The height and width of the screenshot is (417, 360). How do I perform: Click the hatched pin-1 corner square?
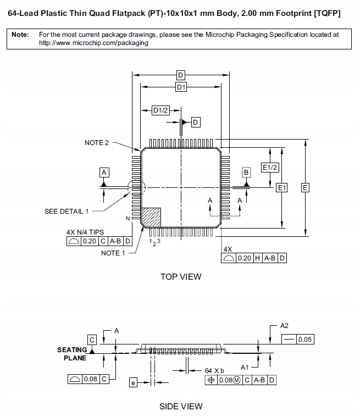(x=152, y=217)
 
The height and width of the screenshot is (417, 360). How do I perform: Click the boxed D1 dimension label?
(x=181, y=87)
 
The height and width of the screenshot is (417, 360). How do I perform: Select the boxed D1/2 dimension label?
(x=160, y=111)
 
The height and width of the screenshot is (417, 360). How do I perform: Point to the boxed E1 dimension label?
(x=281, y=188)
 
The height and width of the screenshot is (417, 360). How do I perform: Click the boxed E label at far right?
(x=305, y=188)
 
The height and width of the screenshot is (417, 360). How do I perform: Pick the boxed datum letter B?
(x=246, y=173)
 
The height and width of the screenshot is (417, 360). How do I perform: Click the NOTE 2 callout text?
(x=97, y=143)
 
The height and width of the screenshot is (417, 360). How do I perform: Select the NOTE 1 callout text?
(x=113, y=253)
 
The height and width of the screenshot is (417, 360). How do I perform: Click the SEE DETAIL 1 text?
(x=67, y=211)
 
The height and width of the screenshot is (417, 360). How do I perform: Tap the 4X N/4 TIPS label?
(x=85, y=232)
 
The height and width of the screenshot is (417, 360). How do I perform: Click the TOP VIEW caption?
(x=181, y=277)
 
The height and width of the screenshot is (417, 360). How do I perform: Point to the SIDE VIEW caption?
(x=181, y=407)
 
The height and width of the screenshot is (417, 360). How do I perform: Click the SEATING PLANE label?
(x=72, y=354)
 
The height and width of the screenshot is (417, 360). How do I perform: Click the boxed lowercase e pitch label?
(x=132, y=383)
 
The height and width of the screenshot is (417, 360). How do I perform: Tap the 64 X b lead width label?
(x=215, y=370)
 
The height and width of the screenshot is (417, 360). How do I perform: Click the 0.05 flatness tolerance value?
(x=304, y=340)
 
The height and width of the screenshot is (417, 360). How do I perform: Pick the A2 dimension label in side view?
(x=284, y=325)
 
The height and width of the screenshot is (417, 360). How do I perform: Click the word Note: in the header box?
(x=20, y=34)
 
